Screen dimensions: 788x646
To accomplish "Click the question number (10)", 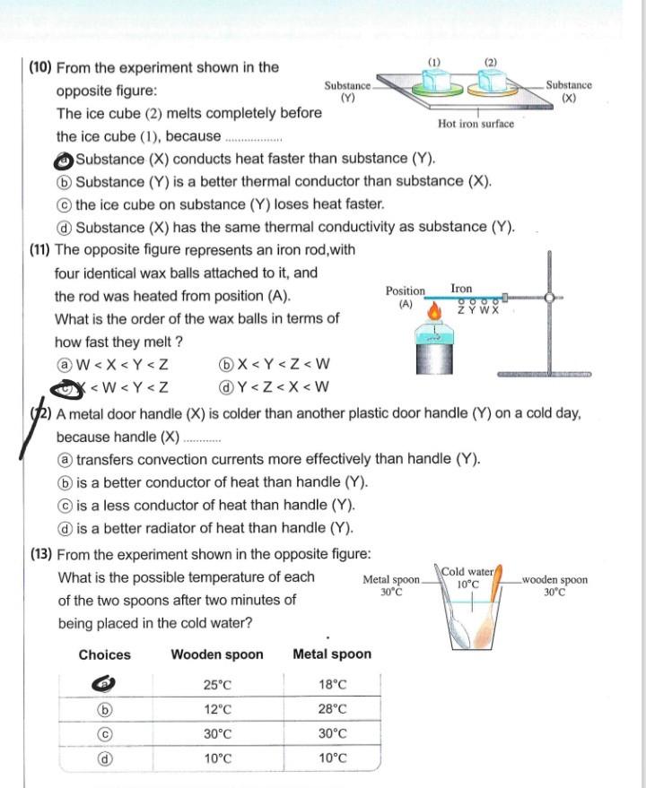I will click(41, 68).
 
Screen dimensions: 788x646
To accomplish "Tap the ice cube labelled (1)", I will click(435, 82).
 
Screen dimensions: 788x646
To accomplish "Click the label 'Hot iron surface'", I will click(476, 124).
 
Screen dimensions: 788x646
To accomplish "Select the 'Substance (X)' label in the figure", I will click(569, 91).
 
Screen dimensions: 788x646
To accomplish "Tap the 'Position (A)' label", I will click(406, 297).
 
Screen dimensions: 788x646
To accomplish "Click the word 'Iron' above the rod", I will click(461, 289).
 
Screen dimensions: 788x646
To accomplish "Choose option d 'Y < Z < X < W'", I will click(274, 387).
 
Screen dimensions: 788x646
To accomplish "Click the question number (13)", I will click(41, 554).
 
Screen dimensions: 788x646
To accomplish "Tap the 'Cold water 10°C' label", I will click(467, 577).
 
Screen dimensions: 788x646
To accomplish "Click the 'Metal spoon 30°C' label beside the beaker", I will click(391, 585).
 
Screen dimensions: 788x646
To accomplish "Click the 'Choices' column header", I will click(104, 654).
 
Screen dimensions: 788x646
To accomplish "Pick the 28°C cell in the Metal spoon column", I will click(332, 709).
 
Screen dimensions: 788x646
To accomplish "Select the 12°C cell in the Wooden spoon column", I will click(217, 709).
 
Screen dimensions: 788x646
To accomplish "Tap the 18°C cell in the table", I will click(332, 685).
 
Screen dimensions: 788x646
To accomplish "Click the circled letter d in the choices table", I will click(105, 758).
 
